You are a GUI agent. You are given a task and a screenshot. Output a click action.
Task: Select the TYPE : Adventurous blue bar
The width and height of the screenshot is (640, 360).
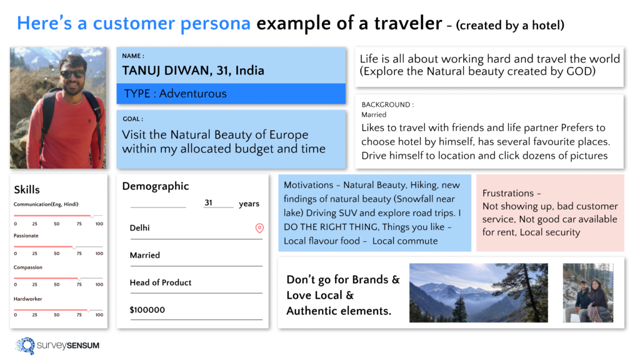tap(231, 94)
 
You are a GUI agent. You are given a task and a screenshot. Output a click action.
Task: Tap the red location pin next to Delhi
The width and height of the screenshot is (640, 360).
tap(259, 228)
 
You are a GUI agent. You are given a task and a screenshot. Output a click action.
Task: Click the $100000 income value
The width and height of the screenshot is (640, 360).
tap(147, 310)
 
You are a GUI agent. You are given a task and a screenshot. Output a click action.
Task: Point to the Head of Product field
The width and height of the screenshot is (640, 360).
tap(161, 282)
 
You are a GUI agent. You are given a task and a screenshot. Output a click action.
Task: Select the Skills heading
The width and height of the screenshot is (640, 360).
tap(26, 189)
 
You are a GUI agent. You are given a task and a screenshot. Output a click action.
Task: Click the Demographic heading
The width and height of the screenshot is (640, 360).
tap(155, 186)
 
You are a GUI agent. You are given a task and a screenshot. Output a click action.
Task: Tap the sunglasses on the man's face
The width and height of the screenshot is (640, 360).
tap(72, 74)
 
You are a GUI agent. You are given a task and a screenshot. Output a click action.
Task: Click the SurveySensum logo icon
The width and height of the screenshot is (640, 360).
tap(26, 346)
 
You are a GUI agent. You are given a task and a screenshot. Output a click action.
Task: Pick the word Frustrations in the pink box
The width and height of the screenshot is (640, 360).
tap(507, 193)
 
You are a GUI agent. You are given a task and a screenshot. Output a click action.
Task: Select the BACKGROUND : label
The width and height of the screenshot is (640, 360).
tap(387, 104)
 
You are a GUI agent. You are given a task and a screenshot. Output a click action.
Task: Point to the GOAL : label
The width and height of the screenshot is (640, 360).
tap(132, 119)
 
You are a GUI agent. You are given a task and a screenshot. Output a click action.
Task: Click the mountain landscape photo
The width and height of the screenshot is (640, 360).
tap(478, 292)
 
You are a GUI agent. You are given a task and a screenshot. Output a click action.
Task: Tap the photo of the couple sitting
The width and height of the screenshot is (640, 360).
tap(587, 292)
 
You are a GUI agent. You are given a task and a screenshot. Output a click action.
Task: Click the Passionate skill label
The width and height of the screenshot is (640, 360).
tap(26, 236)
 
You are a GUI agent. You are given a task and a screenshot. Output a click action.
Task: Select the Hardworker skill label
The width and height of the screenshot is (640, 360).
tap(27, 299)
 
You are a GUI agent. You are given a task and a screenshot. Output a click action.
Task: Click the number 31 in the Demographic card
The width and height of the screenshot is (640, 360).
tap(209, 203)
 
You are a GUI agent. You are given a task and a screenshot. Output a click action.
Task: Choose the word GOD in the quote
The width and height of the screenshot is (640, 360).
tap(581, 72)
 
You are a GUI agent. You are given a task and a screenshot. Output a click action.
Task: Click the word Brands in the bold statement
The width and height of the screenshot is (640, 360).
tap(371, 279)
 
